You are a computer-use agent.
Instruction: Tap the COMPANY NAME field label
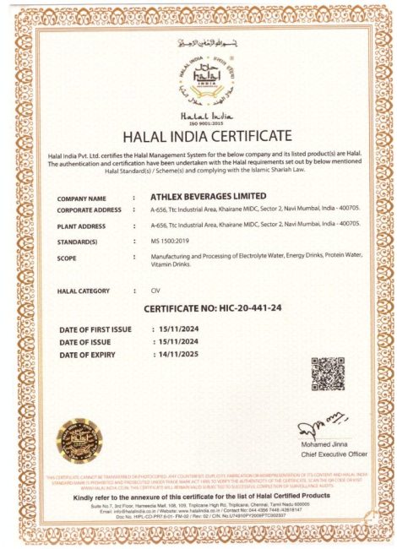[x=81, y=198]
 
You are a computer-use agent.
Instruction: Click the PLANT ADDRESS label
[x=81, y=226]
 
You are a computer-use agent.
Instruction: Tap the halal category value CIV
[x=155, y=291]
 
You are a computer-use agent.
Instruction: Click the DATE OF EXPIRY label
[x=92, y=355]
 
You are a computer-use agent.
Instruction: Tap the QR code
[x=327, y=372]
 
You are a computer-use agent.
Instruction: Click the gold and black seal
[x=75, y=441]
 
